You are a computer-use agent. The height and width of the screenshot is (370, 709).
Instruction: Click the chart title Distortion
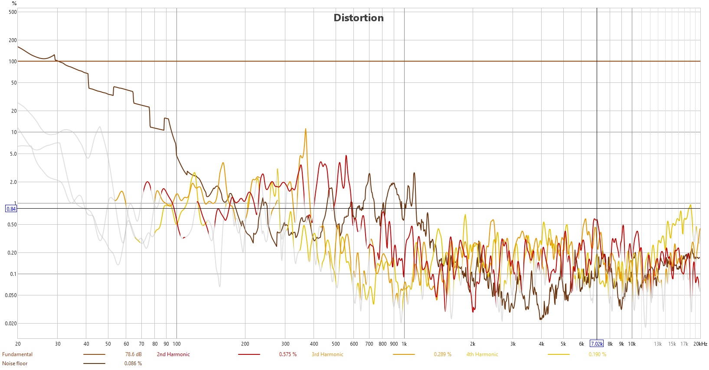coord(359,18)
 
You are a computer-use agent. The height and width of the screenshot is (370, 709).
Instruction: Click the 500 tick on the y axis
coord(13,12)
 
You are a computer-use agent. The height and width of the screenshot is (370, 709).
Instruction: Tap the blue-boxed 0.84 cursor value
coord(11,209)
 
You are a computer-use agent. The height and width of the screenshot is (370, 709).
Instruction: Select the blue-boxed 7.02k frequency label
coord(597,344)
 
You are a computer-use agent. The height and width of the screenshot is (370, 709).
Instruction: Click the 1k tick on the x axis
coord(404,344)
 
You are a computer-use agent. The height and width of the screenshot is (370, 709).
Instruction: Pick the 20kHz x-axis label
coord(700,344)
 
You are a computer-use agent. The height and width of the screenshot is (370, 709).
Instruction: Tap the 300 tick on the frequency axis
coord(285,344)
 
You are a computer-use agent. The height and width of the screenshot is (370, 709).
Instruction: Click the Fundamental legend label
coord(17,354)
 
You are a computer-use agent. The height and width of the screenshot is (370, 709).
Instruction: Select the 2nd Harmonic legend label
coord(173,354)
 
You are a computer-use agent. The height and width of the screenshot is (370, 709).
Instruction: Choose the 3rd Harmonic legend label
coord(327,354)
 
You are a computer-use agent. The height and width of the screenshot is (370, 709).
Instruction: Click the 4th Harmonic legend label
coord(482,354)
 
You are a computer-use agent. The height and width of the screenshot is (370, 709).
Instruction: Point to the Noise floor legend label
coord(15,363)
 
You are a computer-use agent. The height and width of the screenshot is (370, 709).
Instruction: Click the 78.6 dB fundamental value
coord(134,354)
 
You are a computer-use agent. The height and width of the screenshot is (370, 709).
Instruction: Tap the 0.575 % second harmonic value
coord(288,354)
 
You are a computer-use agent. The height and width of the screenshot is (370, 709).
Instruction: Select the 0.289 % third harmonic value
coord(443,354)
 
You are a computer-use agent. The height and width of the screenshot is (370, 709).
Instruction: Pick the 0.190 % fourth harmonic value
coord(598,354)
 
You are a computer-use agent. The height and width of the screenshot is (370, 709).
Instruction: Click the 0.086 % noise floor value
coord(133,363)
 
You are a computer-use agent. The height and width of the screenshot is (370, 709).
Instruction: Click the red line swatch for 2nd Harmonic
coord(249,354)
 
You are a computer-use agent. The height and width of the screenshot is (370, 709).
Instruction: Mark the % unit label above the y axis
coord(14,3)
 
